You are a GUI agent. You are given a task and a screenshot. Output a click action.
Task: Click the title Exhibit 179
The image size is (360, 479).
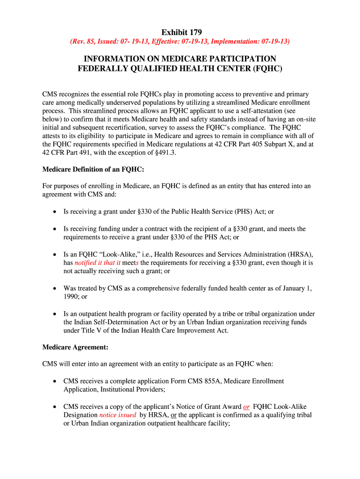click(181, 32)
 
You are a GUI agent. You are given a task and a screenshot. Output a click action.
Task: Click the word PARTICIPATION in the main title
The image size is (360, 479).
click(239, 59)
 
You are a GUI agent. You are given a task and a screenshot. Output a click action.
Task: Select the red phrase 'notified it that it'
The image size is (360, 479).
click(98, 263)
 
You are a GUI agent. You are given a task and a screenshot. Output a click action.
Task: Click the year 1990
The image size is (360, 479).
click(72, 297)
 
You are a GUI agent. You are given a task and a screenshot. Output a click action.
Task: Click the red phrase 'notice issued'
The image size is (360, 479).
click(118, 415)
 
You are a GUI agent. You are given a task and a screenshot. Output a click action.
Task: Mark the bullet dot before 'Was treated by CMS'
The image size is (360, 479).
click(54, 289)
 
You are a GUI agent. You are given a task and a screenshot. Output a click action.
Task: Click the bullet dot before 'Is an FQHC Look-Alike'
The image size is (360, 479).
click(54, 254)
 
